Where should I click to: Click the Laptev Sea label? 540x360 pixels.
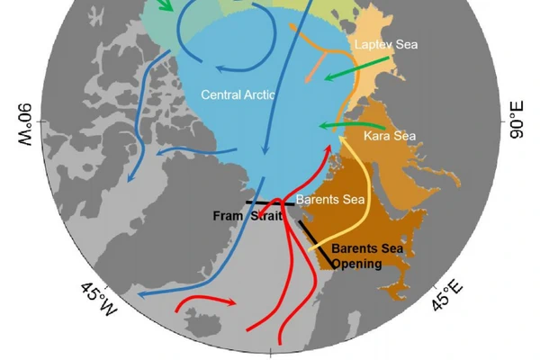[x=386, y=44]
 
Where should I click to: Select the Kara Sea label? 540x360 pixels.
[x=390, y=136]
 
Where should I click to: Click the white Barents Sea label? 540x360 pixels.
[x=329, y=199]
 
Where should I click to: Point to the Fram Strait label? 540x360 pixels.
[x=247, y=216]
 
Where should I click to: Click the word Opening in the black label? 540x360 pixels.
[x=356, y=263]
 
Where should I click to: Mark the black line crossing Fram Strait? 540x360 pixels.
[x=271, y=203]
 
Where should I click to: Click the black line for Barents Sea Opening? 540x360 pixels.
[x=314, y=244]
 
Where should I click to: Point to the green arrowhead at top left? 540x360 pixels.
[x=166, y=8]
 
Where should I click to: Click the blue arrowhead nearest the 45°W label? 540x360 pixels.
[x=144, y=293]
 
